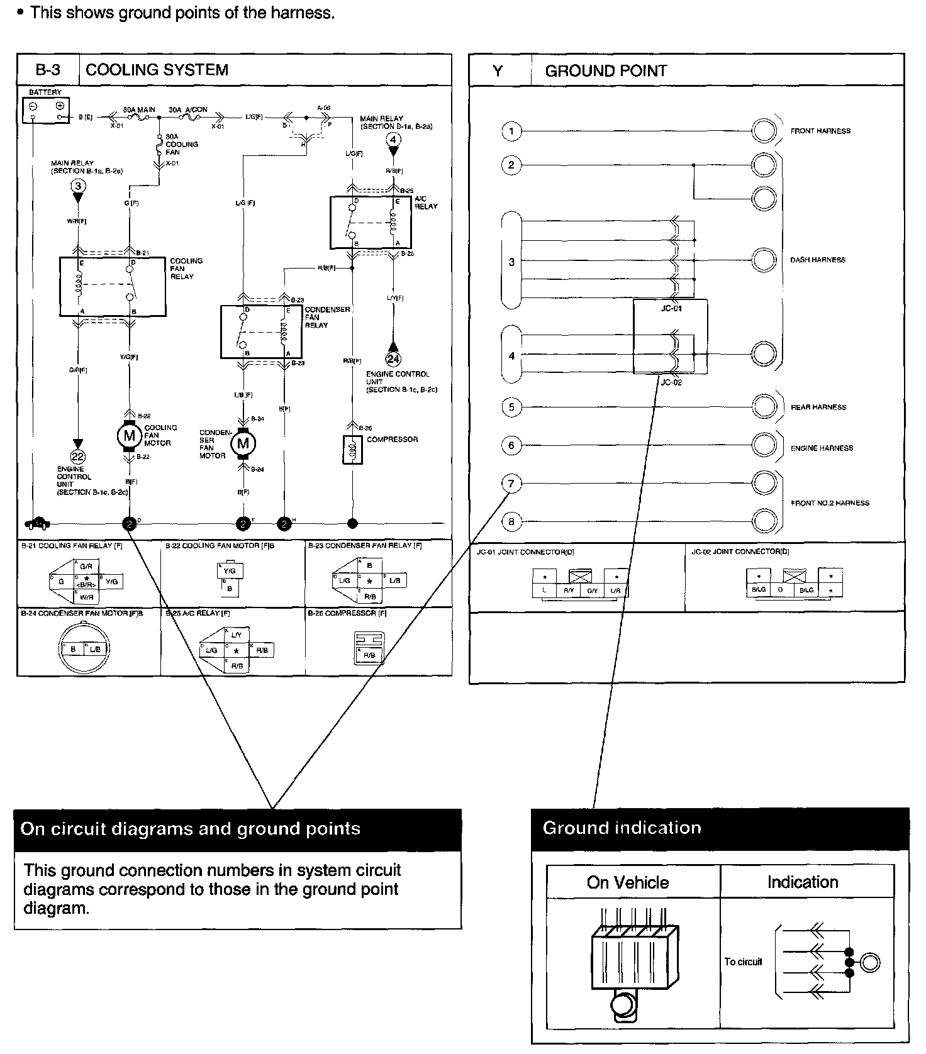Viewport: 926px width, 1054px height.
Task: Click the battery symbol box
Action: point(46,111)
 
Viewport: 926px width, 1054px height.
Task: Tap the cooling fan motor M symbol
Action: point(129,436)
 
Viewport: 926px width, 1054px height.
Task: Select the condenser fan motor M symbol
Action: point(243,443)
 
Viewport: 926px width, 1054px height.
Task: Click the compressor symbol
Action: point(353,449)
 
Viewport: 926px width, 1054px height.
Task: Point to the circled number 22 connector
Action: point(78,457)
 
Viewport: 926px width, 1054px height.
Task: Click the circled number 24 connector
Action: point(393,359)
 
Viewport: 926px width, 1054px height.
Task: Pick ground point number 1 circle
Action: point(511,131)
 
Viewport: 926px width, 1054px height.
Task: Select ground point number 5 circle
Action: point(511,407)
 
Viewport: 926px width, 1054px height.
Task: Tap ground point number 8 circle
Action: point(511,521)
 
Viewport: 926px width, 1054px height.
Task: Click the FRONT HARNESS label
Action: point(820,131)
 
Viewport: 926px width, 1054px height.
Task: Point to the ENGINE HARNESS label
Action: point(822,448)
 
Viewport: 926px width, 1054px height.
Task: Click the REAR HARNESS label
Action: point(818,408)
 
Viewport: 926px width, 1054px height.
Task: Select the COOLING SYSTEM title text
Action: point(157,70)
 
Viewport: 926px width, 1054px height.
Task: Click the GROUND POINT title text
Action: point(606,71)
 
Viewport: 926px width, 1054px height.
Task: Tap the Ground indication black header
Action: point(720,828)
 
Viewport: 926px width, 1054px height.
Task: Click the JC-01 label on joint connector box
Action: point(671,309)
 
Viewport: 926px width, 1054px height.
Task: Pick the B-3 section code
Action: point(48,70)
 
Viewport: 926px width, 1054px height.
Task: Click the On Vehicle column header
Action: point(627,882)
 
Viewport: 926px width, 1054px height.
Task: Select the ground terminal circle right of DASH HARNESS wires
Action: point(764,260)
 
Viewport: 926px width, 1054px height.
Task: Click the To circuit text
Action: point(743,962)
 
